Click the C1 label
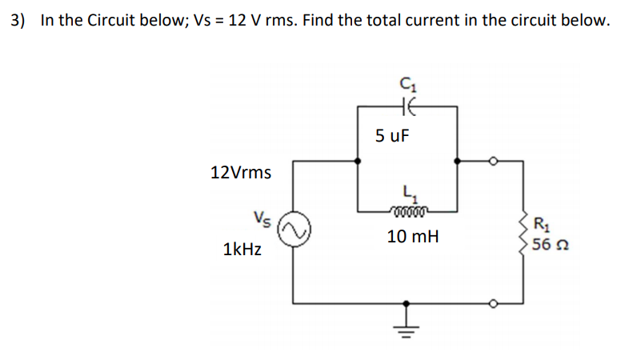click(407, 82)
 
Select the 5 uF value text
click(392, 135)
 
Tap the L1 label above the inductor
click(407, 192)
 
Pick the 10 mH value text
click(412, 237)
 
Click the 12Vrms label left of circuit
click(240, 172)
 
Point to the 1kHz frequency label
click(242, 249)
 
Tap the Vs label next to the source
click(261, 214)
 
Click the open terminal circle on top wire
click(494, 161)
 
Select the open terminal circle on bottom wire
click(494, 303)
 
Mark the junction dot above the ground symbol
click(407, 303)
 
